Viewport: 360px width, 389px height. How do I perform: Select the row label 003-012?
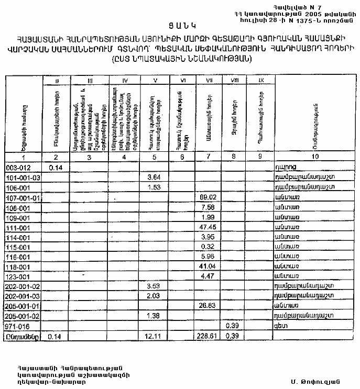pyautogui.click(x=18, y=167)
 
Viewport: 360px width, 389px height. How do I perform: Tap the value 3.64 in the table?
pyautogui.click(x=154, y=177)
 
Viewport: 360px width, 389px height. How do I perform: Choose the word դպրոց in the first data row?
pyautogui.click(x=286, y=167)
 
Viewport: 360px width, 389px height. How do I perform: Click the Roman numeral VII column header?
pyautogui.click(x=208, y=80)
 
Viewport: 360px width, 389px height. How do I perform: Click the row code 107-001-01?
pyautogui.click(x=22, y=197)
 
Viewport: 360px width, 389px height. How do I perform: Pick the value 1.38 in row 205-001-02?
pyautogui.click(x=154, y=316)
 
